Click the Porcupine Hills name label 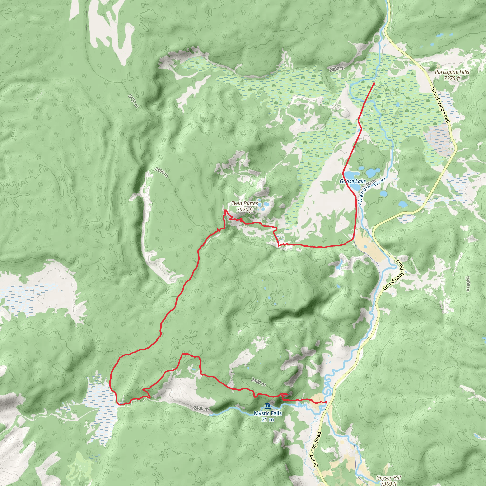tap(452, 72)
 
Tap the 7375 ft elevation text tap(452, 78)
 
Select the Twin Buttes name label tap(244, 203)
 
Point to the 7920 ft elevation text tap(244, 209)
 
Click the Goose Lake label tap(353, 181)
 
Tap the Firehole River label tap(372, 191)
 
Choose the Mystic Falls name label tap(268, 413)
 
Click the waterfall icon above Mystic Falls tap(268, 406)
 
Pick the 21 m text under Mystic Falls tap(268, 419)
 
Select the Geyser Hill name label tap(389, 477)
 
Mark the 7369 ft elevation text tap(389, 483)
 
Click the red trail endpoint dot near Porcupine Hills tap(374, 84)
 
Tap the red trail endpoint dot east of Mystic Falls tap(326, 402)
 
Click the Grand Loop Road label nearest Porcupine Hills tap(440, 105)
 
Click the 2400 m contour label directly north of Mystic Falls tap(258, 382)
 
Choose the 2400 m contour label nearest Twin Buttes tap(161, 172)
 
